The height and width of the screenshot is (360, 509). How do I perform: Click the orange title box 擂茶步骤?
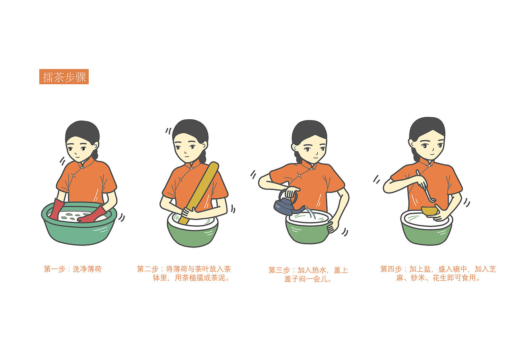pyautogui.click(x=64, y=77)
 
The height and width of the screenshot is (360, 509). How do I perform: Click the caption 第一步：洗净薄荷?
pyautogui.click(x=73, y=269)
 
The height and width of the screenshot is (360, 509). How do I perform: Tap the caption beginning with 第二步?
pyautogui.click(x=184, y=273)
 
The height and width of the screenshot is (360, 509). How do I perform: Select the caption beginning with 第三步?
pyautogui.click(x=308, y=274)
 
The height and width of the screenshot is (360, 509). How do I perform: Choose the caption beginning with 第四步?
pyautogui.click(x=438, y=273)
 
